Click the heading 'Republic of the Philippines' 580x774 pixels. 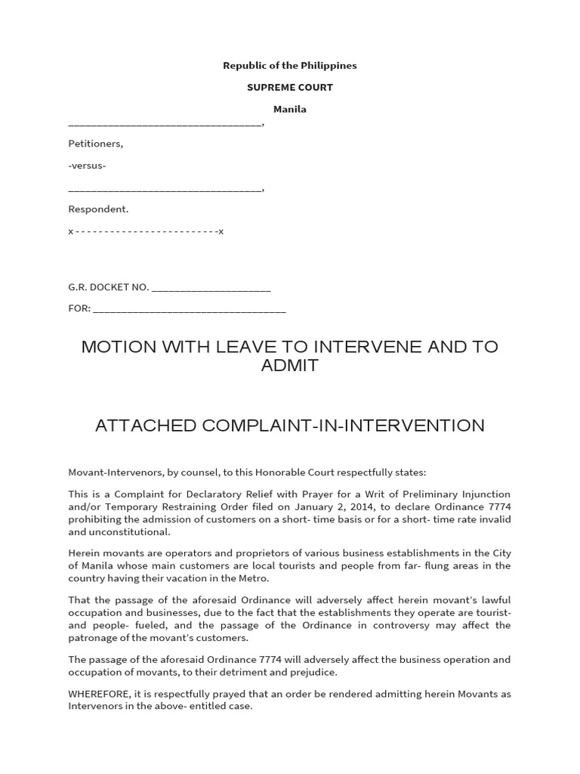(289, 66)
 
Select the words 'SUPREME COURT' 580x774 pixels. (289, 88)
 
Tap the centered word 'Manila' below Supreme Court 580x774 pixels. (289, 110)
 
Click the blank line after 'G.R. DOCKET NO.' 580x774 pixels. (211, 287)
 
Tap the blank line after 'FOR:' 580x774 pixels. (189, 308)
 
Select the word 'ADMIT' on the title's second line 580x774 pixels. (289, 367)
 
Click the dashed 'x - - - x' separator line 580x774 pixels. (146, 231)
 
